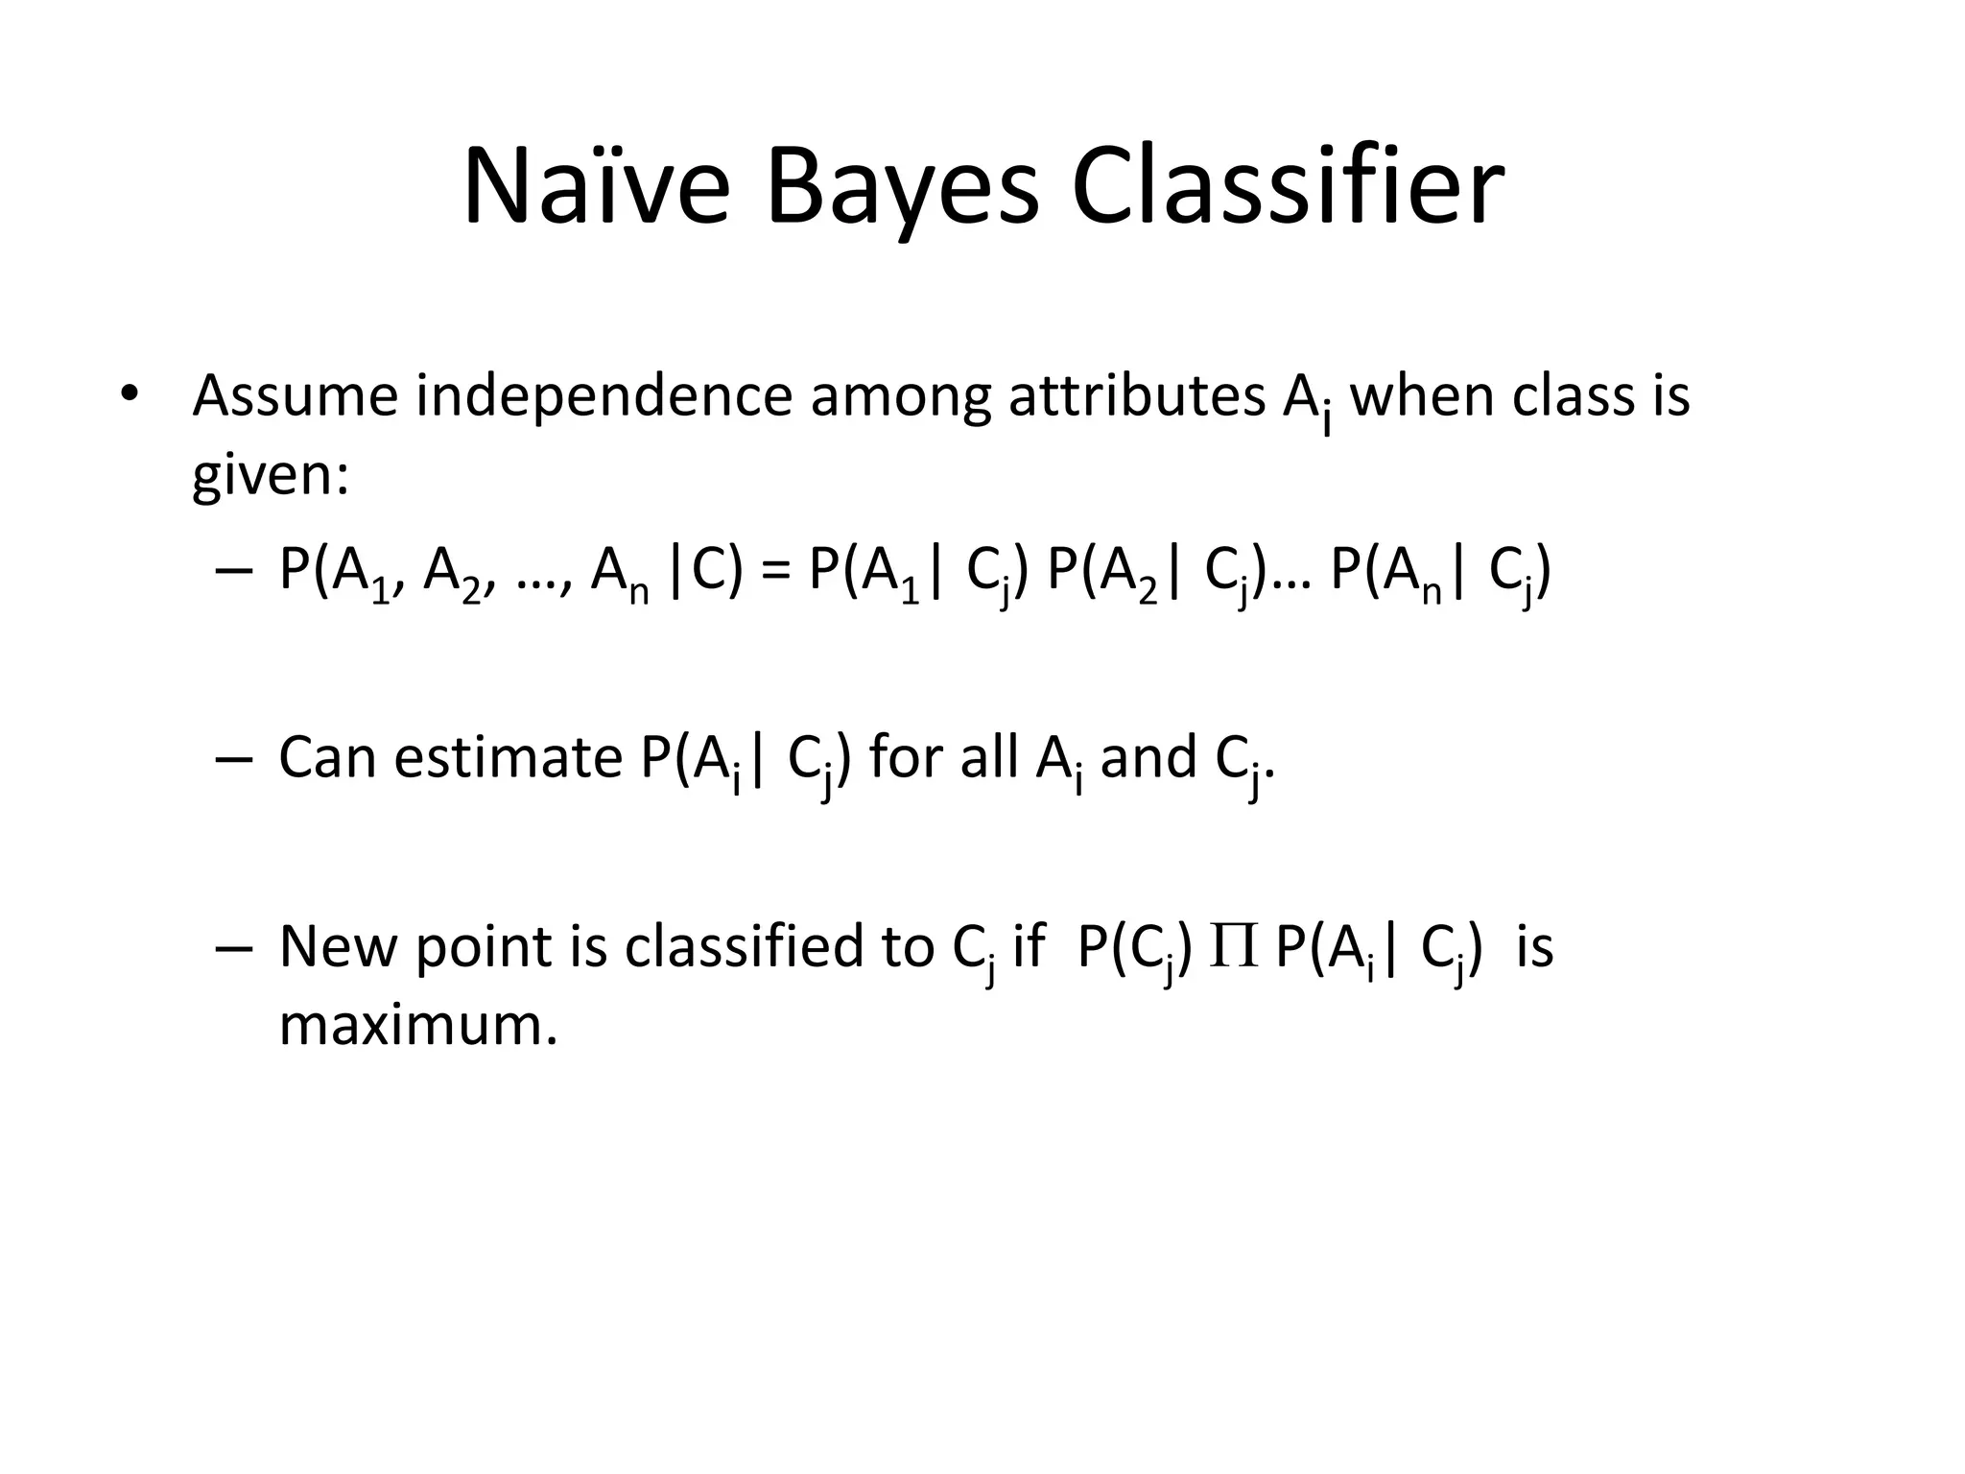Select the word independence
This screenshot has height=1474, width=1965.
(x=604, y=396)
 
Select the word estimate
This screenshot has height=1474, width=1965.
(x=508, y=757)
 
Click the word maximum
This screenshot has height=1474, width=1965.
(x=417, y=1026)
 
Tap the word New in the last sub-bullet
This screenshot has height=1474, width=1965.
(x=338, y=947)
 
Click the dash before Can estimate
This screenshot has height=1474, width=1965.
(x=234, y=759)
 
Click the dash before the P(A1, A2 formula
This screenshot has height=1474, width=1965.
(x=234, y=572)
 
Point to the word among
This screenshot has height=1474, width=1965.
(x=900, y=396)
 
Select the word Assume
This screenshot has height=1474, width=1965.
(x=295, y=396)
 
